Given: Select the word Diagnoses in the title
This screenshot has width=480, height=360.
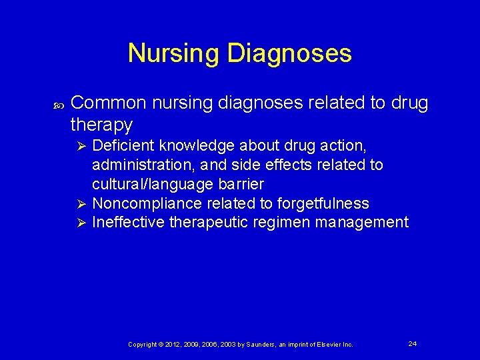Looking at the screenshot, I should click(x=290, y=53).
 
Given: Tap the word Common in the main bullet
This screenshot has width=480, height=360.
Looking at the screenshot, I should click(x=108, y=103).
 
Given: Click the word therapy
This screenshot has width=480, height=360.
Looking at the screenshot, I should click(x=101, y=124).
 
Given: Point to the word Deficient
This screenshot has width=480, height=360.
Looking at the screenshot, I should click(x=123, y=145).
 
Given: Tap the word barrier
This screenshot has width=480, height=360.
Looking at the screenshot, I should click(x=243, y=183).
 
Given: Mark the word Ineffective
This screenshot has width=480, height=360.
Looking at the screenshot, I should click(x=128, y=222).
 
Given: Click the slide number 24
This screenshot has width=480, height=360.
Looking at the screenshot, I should click(x=413, y=343).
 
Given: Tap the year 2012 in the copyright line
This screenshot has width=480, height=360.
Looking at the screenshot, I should click(x=171, y=344).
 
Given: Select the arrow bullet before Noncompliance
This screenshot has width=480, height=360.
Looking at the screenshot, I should click(x=81, y=203).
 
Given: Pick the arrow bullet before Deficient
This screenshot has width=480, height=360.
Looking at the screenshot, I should click(x=81, y=145).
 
